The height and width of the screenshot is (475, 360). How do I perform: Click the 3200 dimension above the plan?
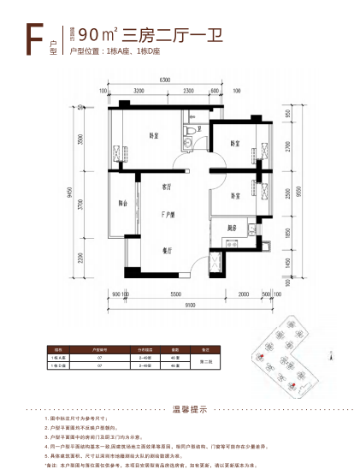pos(138,91)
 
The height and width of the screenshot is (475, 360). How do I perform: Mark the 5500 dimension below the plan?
pos(175,294)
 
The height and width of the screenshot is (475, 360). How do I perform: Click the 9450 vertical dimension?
pos(80,193)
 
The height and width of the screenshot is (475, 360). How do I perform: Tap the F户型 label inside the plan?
pos(168,214)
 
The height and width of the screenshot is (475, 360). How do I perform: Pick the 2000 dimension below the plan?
pos(244,294)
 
